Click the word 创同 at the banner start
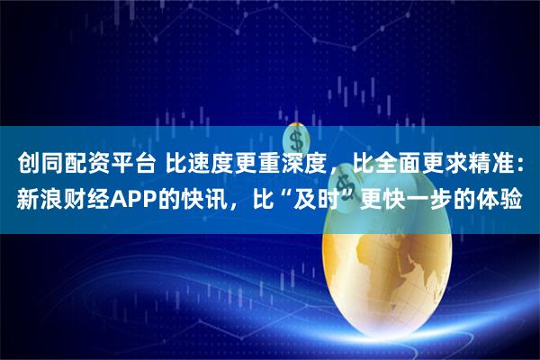(39, 164)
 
